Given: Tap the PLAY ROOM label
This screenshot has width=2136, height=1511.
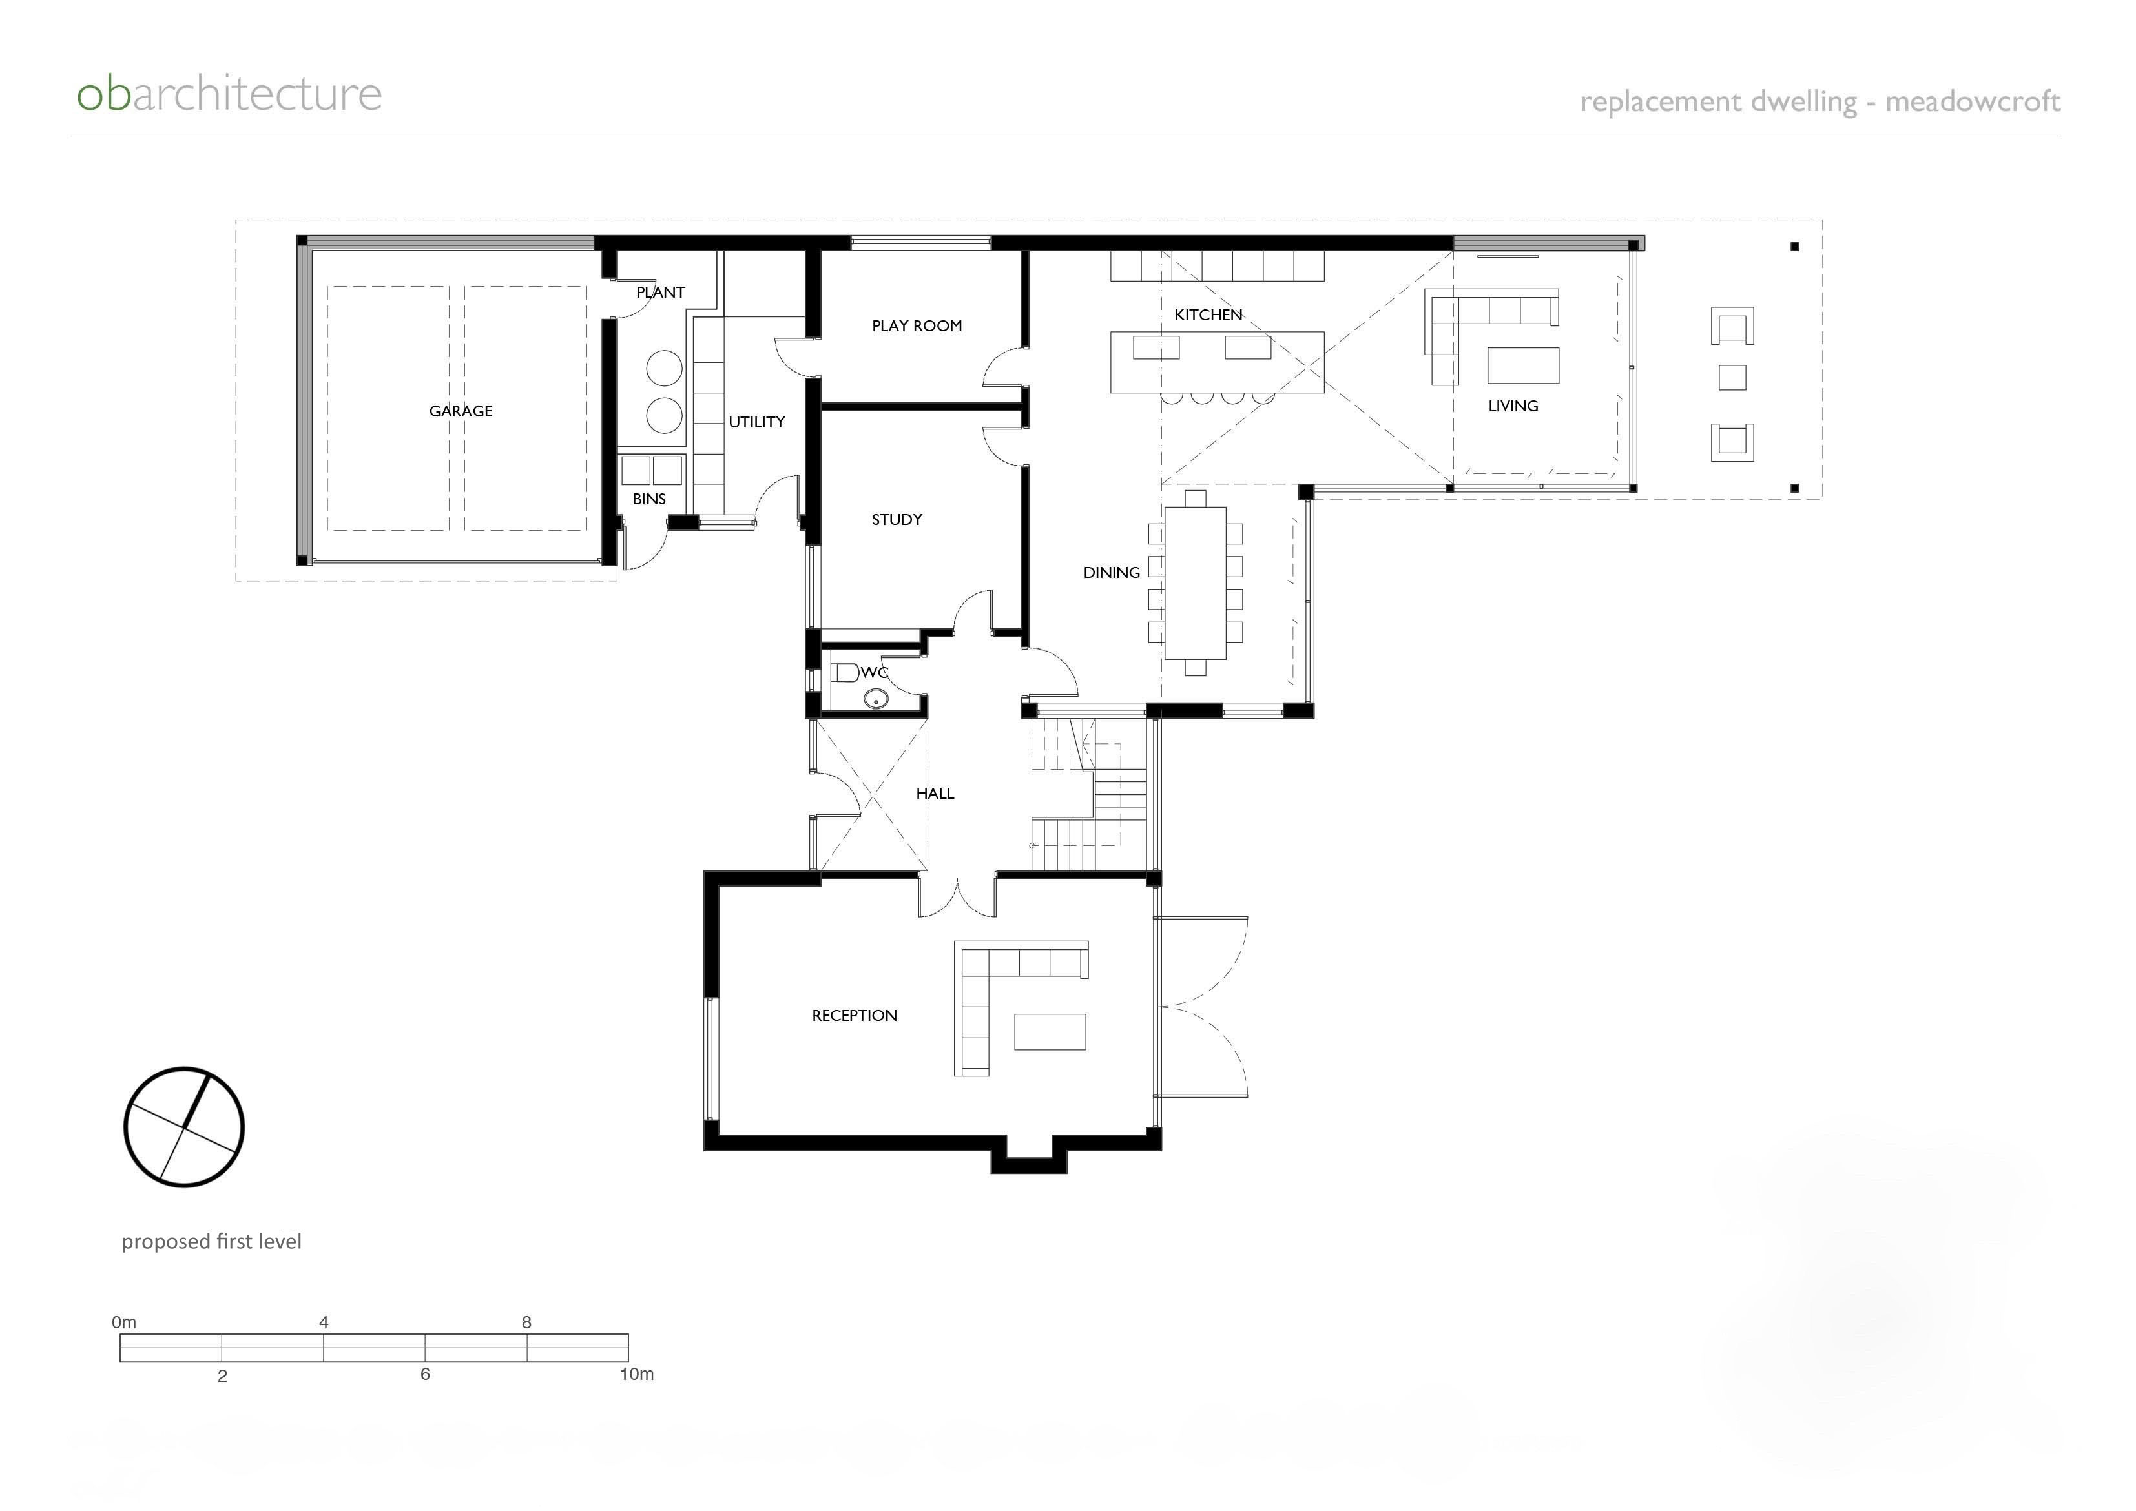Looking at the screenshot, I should click(x=917, y=325).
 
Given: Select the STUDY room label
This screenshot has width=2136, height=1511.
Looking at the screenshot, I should click(x=897, y=519).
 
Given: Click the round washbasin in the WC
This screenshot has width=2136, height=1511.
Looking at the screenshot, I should click(x=875, y=698).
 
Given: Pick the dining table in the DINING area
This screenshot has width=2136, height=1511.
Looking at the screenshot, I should click(x=1195, y=582).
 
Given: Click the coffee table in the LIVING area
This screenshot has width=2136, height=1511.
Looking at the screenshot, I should click(x=1522, y=365).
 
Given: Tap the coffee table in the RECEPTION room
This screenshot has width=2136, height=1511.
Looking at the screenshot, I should click(x=1050, y=1032).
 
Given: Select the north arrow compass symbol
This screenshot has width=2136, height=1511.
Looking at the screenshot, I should click(x=184, y=1127).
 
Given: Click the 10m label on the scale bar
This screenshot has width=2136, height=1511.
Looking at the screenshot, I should click(x=637, y=1374).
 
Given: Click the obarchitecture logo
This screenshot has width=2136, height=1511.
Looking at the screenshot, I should click(x=229, y=95).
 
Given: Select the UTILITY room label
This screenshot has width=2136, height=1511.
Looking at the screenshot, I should click(x=756, y=422).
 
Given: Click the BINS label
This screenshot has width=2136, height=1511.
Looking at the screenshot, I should click(x=648, y=499).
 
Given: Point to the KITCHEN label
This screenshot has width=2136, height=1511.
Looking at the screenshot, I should click(x=1208, y=315).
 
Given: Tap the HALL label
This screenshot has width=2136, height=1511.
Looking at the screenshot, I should click(x=935, y=794).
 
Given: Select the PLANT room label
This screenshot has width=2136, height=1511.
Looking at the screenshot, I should click(x=660, y=292).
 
